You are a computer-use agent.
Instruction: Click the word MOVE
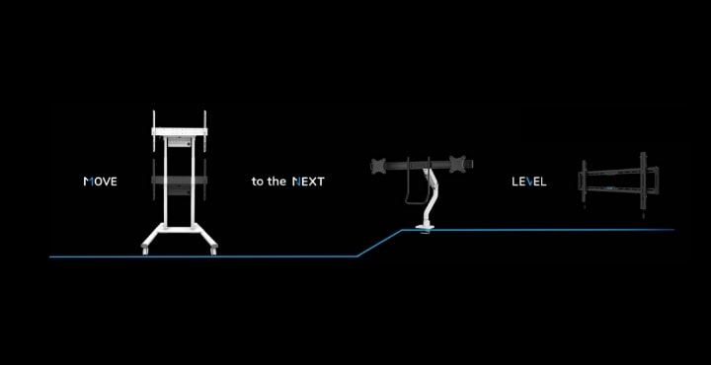(x=101, y=182)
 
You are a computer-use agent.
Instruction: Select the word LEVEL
(x=528, y=182)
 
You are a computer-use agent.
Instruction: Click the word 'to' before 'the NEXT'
(x=258, y=182)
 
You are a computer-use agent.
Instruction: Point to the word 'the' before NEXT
(x=276, y=182)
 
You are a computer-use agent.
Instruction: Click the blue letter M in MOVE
(x=88, y=182)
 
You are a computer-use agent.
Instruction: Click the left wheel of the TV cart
(x=147, y=253)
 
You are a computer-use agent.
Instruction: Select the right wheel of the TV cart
(x=210, y=253)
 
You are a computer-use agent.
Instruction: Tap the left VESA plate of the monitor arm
(x=377, y=165)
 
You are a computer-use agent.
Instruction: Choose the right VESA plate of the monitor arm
(x=456, y=164)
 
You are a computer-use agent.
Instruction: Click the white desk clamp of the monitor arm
(x=427, y=231)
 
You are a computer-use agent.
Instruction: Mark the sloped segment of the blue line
(x=379, y=244)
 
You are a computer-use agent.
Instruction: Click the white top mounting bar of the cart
(x=179, y=129)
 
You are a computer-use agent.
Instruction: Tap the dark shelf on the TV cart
(x=179, y=181)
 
